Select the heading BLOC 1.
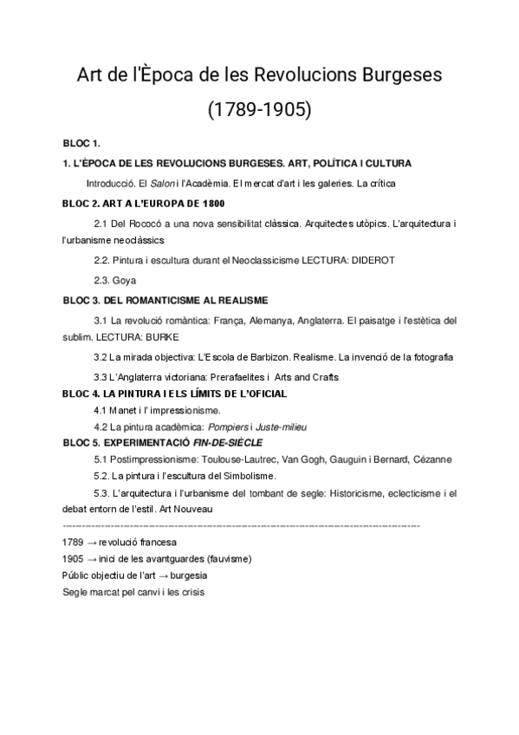[82, 142]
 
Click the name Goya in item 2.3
[125, 280]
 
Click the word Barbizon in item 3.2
[263, 356]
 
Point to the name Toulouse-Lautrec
[237, 459]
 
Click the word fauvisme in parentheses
[225, 558]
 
